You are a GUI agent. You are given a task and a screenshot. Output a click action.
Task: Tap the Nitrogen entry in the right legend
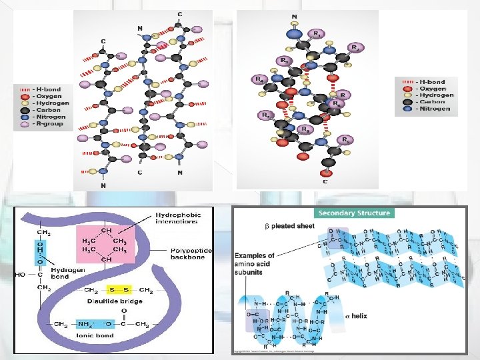tap(433, 109)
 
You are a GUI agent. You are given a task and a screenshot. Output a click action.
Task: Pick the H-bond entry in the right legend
tap(433, 82)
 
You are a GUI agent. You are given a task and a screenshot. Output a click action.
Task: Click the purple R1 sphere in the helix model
tap(319, 33)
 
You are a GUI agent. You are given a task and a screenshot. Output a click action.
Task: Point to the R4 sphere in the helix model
tap(258, 79)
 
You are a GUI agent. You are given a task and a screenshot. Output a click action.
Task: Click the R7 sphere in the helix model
tap(265, 115)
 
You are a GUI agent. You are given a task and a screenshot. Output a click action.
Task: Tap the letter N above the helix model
tap(295, 16)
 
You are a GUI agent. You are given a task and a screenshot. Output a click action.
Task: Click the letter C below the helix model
tap(325, 181)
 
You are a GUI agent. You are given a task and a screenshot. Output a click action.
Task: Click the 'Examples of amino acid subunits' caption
tap(254, 264)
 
